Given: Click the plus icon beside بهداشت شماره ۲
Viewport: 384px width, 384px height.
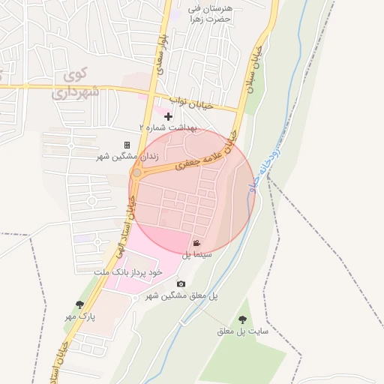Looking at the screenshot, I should [168, 116].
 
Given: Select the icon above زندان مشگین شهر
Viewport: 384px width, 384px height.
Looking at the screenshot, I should [127, 145].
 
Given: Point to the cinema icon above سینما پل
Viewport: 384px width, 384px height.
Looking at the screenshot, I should [196, 244].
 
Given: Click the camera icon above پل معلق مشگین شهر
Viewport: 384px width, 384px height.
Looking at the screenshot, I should [181, 283].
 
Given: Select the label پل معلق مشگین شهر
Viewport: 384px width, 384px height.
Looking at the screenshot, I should [181, 295].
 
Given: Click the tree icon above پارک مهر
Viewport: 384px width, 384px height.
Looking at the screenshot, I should [80, 304].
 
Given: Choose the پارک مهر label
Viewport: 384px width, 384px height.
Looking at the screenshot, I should [81, 316].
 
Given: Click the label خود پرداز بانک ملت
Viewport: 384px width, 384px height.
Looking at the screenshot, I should [127, 271].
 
